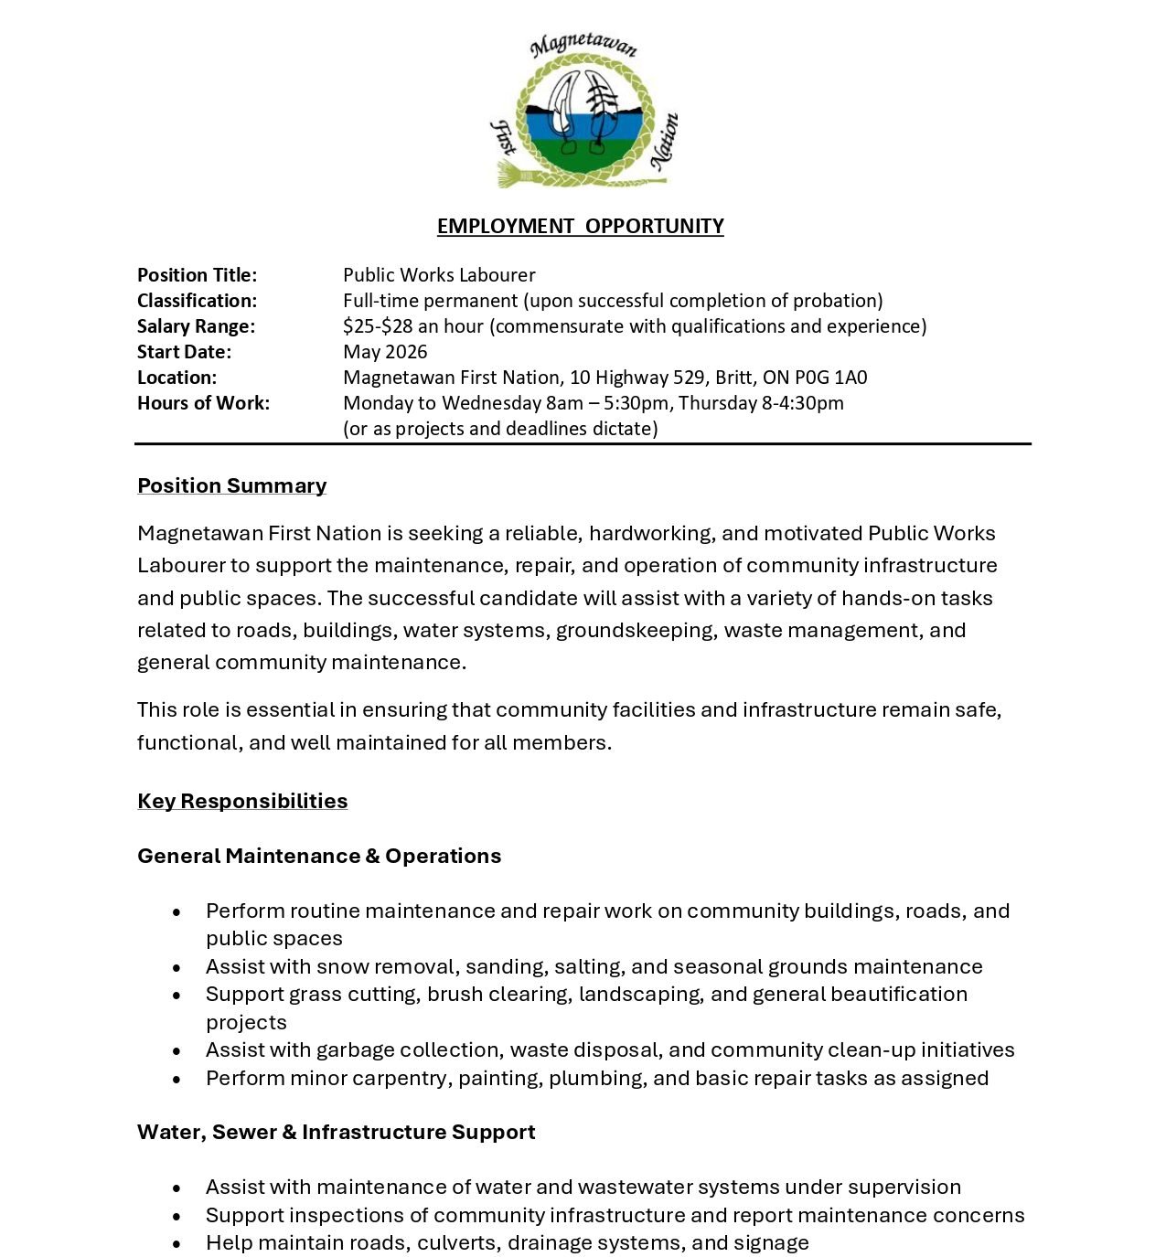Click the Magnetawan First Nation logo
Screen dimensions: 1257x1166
583,112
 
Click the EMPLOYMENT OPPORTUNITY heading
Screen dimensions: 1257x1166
580,226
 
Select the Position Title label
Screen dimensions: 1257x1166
197,275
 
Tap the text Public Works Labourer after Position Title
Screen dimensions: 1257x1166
439,275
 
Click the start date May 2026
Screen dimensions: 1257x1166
385,352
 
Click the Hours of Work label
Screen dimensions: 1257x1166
203,403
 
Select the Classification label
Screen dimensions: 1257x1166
197,301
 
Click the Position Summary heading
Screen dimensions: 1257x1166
231,485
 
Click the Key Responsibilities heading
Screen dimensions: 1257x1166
242,801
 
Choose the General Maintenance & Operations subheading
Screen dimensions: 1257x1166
319,856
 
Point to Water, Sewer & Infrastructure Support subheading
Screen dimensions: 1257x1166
336,1132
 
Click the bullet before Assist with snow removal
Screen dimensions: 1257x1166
177,968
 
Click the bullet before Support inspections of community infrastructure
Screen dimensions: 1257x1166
177,1217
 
